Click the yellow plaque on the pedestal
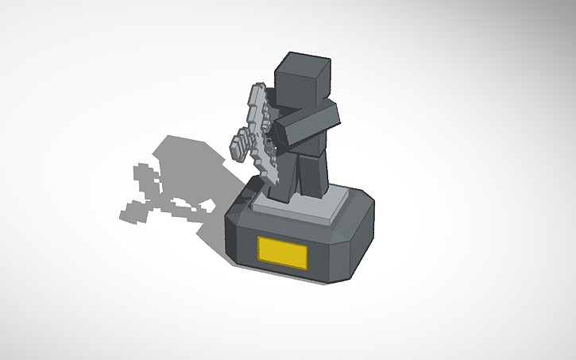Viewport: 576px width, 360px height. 282,253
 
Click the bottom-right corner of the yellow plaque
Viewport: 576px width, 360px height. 307,268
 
